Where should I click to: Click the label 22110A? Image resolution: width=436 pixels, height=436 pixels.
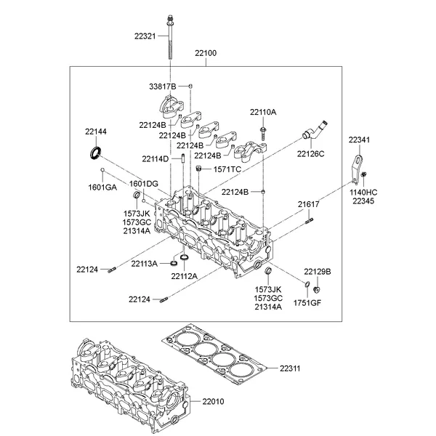263,112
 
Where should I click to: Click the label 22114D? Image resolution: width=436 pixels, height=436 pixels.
155,158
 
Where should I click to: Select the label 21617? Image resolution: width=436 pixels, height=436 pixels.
308,205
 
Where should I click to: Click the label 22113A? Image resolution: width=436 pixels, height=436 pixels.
145,263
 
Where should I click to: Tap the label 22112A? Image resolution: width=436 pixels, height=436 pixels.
185,276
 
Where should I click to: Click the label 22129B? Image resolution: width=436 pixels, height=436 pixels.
317,270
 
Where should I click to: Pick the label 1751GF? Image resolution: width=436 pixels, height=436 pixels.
307,302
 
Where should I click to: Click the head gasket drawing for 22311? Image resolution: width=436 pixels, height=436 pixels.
214,356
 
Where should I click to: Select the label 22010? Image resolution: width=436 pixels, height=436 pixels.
214,401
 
